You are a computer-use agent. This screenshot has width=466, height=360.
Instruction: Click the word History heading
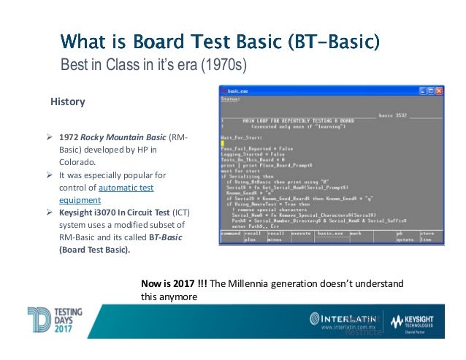[x=66, y=102]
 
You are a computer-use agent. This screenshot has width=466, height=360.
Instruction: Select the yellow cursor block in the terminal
[x=224, y=142]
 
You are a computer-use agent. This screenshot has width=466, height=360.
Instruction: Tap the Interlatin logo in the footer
[x=344, y=320]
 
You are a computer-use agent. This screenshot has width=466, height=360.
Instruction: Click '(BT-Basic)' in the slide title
[x=318, y=40]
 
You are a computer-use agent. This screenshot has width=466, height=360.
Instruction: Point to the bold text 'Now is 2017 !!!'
[x=174, y=283]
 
